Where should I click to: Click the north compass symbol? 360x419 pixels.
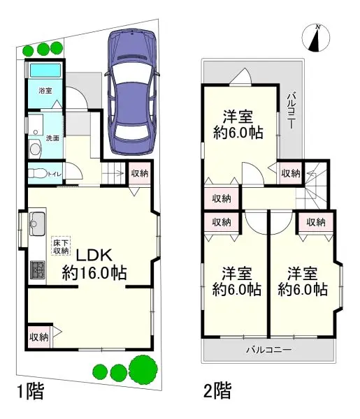[x=315, y=38]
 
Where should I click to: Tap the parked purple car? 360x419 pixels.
[x=131, y=91]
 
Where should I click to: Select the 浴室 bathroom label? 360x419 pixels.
[x=45, y=91]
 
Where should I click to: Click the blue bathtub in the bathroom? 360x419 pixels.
[x=45, y=71]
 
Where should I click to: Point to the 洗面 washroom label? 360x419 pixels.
[x=52, y=138]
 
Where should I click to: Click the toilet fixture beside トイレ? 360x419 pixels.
[x=37, y=174]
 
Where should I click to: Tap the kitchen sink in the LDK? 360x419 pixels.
[x=37, y=223]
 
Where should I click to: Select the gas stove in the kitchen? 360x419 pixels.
[x=37, y=270]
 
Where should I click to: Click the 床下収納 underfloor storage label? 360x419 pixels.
[x=61, y=246]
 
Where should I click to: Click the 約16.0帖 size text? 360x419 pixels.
[x=94, y=272]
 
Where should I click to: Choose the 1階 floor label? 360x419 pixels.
[x=30, y=391]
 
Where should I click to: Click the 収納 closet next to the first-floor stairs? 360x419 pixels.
[x=140, y=173]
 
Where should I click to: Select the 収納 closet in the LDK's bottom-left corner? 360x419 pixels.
[x=39, y=337]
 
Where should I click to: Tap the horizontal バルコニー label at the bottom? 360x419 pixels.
[x=269, y=350]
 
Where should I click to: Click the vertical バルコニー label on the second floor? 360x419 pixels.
[x=292, y=110]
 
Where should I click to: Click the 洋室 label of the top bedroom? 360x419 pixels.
[x=238, y=117]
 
